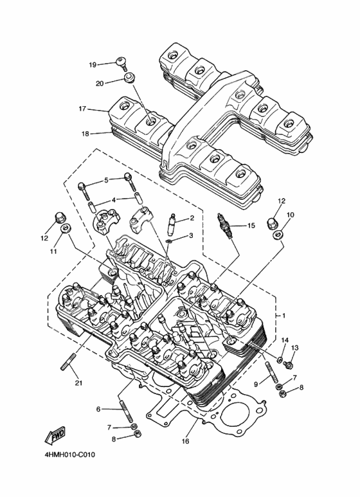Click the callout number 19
click(x=92, y=65)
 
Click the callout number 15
click(x=251, y=225)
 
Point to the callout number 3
click(x=190, y=236)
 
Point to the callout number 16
click(x=185, y=442)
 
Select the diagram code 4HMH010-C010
click(x=69, y=455)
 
